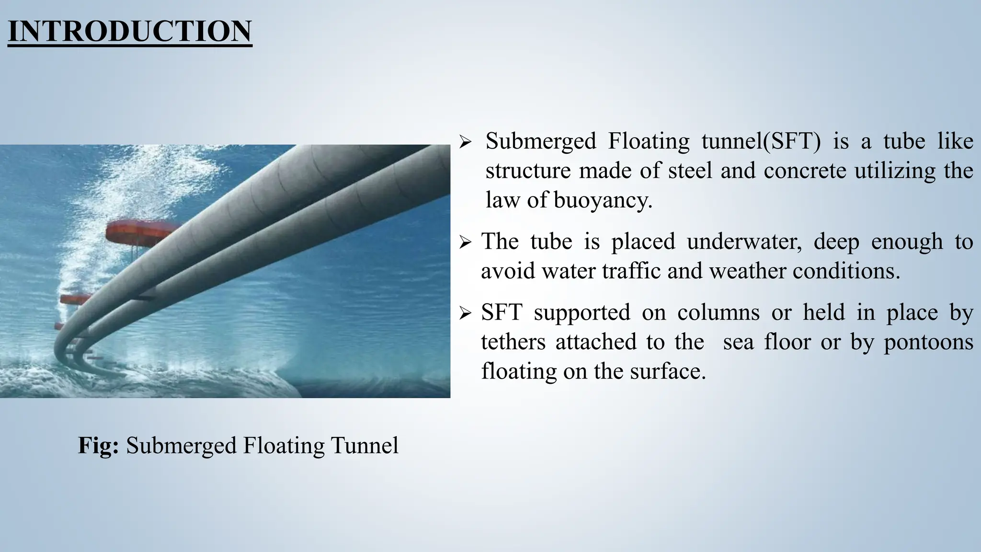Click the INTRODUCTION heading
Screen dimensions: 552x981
click(x=130, y=32)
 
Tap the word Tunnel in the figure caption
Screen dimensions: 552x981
click(x=365, y=445)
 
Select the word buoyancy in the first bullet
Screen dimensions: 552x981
click(x=603, y=200)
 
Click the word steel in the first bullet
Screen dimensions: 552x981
click(x=690, y=171)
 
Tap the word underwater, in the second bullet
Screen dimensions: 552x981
click(x=744, y=241)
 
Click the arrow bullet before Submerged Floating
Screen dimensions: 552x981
click(x=465, y=142)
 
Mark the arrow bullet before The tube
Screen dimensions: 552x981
click(x=465, y=242)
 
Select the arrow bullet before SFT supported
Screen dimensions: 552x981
click(x=465, y=314)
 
